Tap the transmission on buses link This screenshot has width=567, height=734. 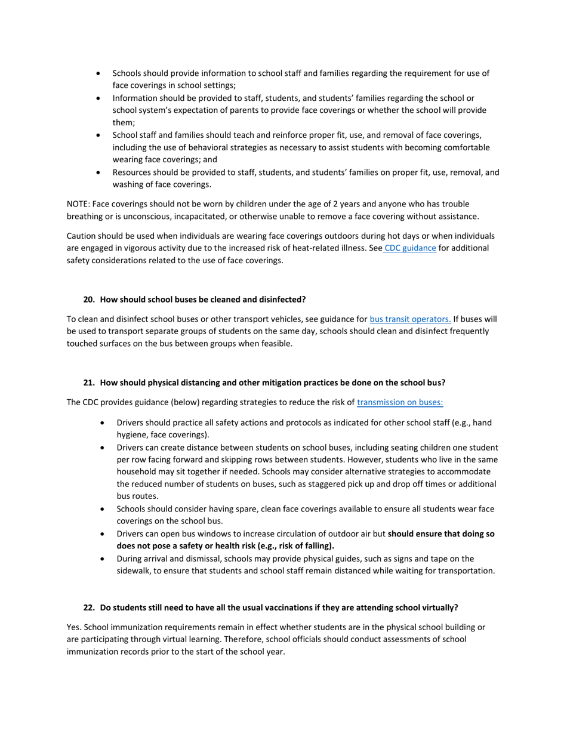tap(400, 402)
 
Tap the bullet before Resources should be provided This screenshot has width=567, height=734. tap(98, 172)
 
